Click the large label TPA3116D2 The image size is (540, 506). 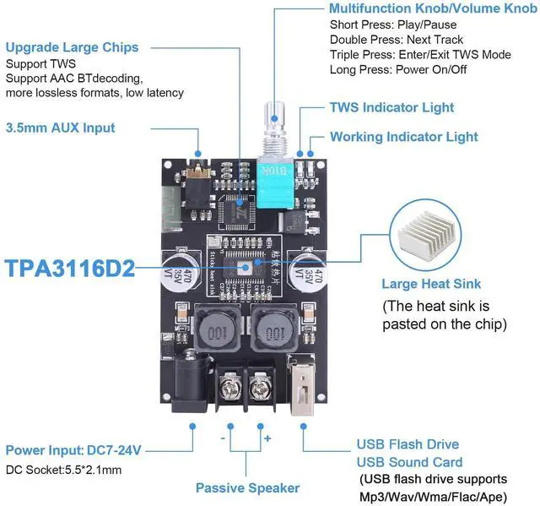pos(69,269)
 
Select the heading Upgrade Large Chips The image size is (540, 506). pos(72,47)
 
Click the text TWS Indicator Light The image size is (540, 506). pos(391,107)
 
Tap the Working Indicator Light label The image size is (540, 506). pos(403,137)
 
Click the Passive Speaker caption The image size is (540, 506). pos(247,487)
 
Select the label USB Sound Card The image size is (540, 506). pos(409,462)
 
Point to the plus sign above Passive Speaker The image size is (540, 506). pos(267,439)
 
